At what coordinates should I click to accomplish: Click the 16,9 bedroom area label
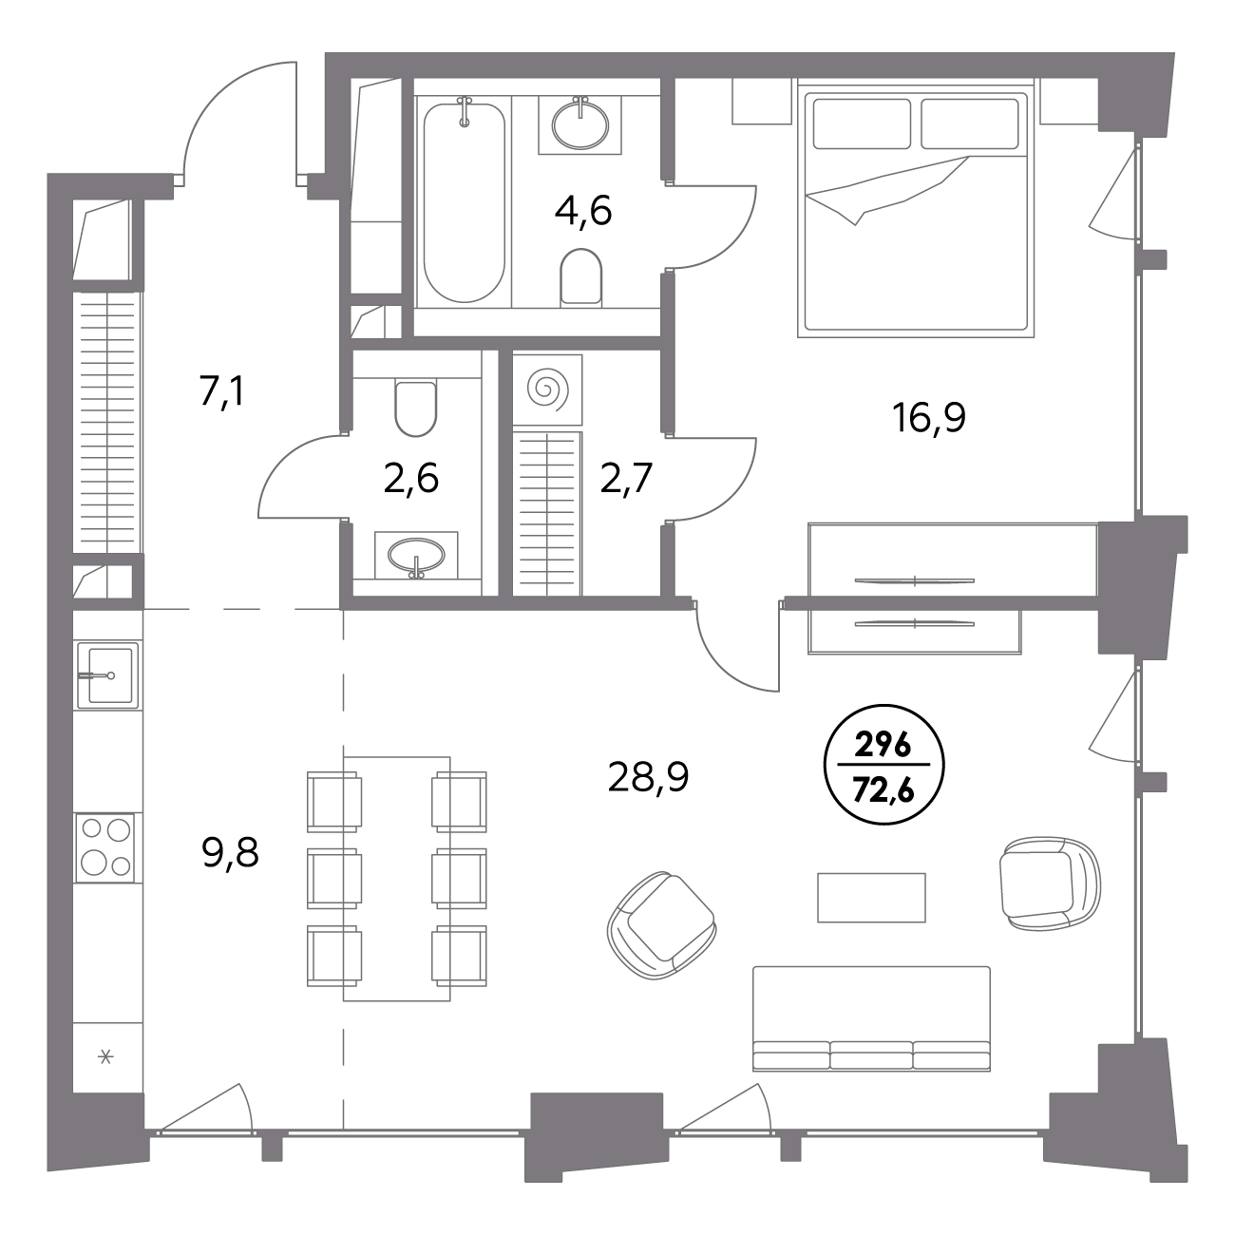tap(929, 419)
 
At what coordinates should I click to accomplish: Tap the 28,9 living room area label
tap(648, 778)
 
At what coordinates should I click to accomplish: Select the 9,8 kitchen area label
tap(230, 852)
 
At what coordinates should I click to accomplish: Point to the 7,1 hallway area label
tap(221, 392)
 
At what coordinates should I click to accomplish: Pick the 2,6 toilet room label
tap(410, 478)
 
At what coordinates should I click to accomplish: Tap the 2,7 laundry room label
tap(626, 478)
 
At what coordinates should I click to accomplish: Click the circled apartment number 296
tap(883, 747)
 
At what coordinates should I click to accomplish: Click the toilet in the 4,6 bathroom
tap(580, 276)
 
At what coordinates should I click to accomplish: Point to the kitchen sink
tap(108, 674)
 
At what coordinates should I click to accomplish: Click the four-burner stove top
tap(105, 848)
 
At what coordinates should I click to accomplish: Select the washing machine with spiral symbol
tap(547, 389)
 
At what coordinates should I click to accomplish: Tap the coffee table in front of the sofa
tap(871, 897)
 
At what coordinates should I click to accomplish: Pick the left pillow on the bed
tap(862, 123)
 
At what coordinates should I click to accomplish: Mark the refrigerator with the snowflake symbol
tap(106, 1056)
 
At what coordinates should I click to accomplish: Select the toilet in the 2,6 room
tap(416, 408)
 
